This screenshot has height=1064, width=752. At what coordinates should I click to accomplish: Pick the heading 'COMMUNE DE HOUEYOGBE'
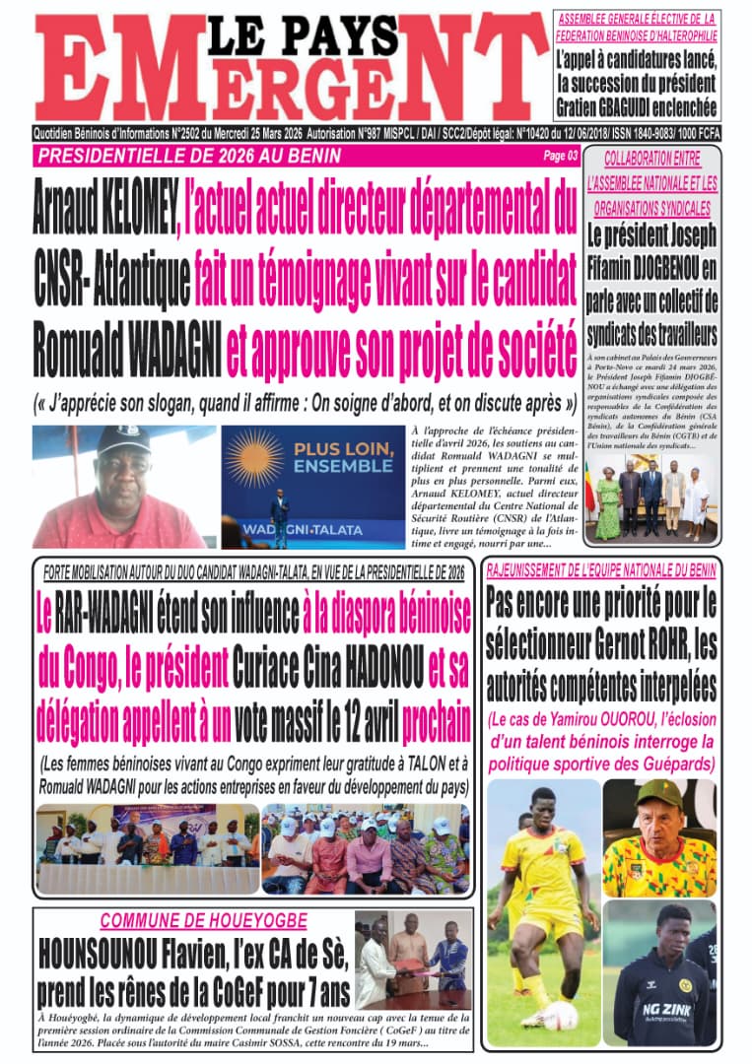(x=203, y=922)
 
